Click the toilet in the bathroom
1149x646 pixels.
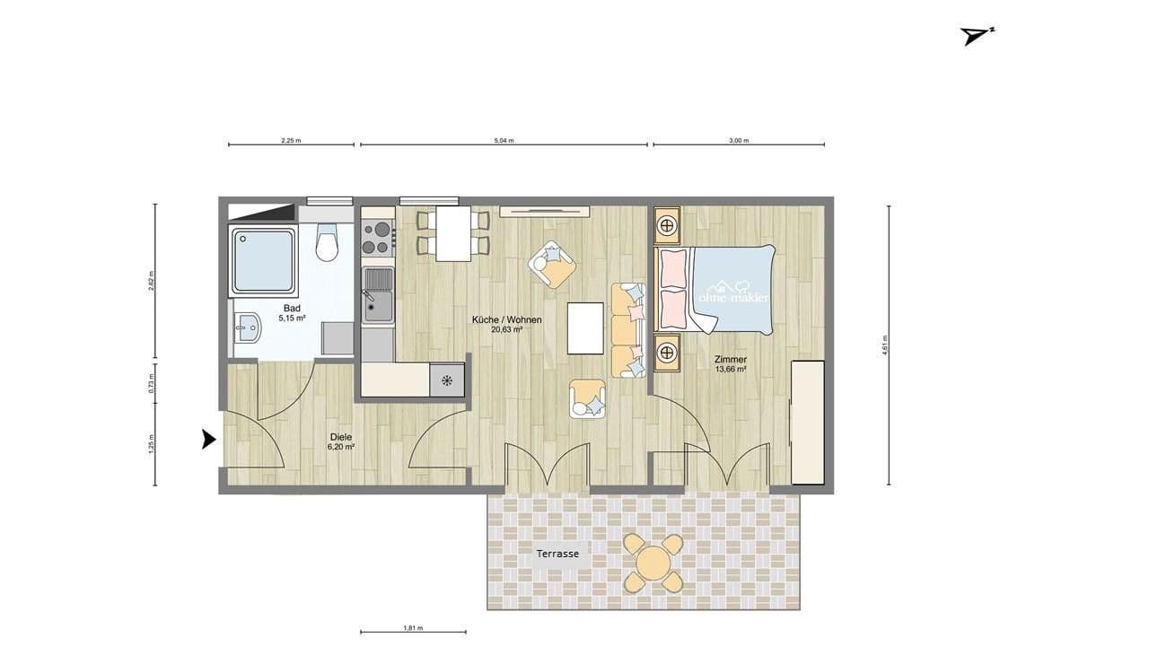click(327, 242)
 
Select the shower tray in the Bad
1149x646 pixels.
click(263, 260)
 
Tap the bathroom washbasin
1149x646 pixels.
click(247, 328)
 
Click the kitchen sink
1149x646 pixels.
click(378, 295)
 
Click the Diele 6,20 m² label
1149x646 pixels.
click(341, 441)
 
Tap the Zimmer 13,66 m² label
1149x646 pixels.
click(731, 363)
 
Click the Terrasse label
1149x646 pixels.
click(557, 554)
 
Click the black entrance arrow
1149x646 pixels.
click(208, 440)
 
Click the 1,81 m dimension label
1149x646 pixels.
click(413, 628)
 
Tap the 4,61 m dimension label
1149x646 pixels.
click(885, 345)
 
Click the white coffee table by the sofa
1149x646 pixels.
click(585, 328)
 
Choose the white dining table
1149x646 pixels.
click(453, 233)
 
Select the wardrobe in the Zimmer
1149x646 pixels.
click(807, 422)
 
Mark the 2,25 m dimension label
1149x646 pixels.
click(291, 141)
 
